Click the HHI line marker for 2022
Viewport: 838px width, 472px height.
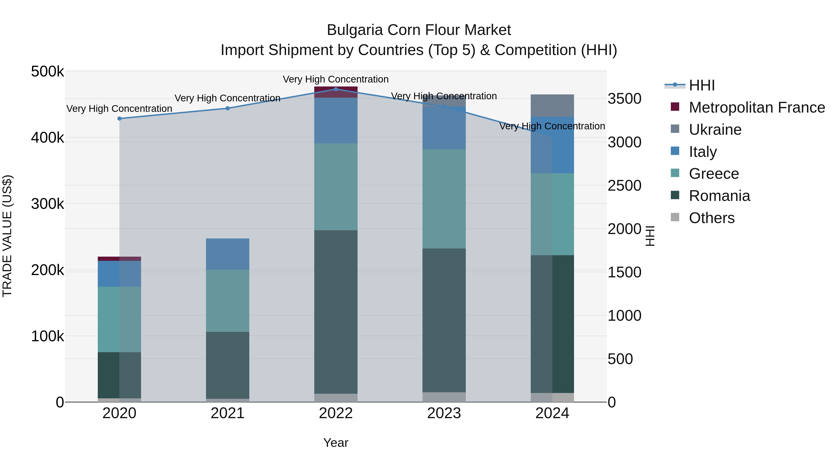(336, 89)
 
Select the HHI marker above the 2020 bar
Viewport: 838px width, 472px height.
(119, 119)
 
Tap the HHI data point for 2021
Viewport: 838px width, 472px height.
(228, 108)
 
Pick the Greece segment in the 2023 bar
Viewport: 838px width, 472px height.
(444, 199)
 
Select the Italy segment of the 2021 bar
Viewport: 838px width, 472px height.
(228, 254)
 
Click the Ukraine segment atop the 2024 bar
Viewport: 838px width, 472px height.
(552, 106)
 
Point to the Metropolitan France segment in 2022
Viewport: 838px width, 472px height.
(336, 92)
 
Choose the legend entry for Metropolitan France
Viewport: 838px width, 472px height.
(757, 107)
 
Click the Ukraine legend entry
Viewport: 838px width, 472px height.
(715, 130)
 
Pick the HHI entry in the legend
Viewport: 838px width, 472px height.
(702, 85)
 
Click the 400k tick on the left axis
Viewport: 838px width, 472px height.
(47, 138)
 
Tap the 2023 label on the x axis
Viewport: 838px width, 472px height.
(444, 413)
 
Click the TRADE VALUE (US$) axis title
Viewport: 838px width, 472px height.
(7, 236)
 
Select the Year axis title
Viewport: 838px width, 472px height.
(336, 443)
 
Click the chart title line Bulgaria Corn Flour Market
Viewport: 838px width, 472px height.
(419, 30)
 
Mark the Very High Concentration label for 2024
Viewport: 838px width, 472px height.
(552, 126)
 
